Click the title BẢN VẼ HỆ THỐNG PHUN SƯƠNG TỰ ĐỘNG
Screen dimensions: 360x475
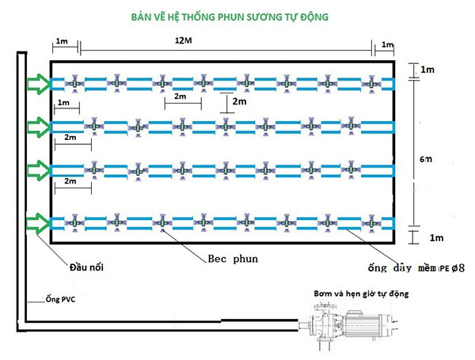(237, 15)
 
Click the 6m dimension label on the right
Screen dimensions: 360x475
(427, 159)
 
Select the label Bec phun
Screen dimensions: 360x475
(235, 259)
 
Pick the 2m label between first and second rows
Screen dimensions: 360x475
(182, 97)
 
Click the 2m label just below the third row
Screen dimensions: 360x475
(70, 182)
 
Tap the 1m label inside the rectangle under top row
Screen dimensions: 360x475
(63, 104)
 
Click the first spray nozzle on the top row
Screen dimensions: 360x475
(72, 82)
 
